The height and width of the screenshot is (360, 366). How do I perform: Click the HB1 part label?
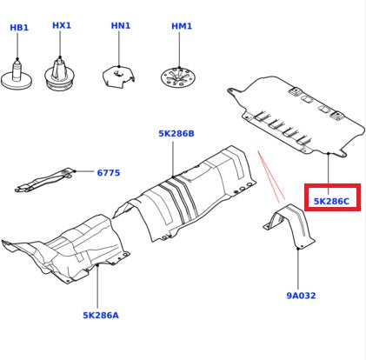[19, 28]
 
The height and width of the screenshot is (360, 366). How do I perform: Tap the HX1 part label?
[62, 25]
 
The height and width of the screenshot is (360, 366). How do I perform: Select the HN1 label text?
[121, 25]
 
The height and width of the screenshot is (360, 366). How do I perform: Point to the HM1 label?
[182, 26]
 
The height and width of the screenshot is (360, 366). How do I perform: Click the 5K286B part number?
[176, 134]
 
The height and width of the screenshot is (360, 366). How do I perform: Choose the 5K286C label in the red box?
[331, 201]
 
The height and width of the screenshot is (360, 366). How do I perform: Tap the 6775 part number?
[109, 173]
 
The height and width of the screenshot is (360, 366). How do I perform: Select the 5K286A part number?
[101, 316]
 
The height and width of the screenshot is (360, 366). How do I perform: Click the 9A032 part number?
[301, 296]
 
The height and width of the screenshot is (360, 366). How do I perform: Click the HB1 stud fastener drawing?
[17, 76]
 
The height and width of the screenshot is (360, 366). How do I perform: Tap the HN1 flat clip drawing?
[119, 77]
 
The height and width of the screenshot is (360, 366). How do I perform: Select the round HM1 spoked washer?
[178, 77]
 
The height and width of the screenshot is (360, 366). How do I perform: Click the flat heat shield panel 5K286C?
[296, 116]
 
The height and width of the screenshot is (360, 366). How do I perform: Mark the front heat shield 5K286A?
[67, 250]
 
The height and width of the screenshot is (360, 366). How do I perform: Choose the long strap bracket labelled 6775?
[45, 180]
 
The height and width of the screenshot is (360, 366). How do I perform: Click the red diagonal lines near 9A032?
[271, 176]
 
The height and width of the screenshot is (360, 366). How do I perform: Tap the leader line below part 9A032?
[298, 270]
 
